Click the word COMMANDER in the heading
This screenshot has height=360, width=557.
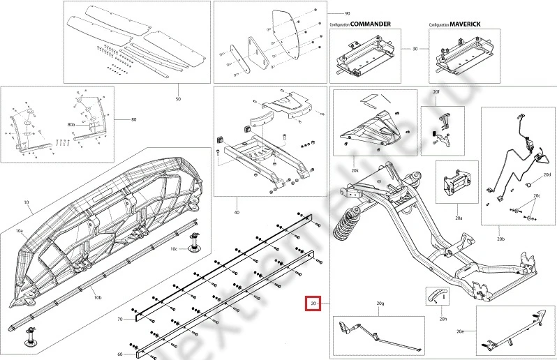click(x=370, y=24)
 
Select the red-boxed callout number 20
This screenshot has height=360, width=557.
click(x=312, y=304)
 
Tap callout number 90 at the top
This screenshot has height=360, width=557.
click(x=348, y=13)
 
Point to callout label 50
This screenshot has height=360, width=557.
click(x=178, y=100)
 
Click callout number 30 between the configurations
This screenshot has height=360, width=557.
click(x=415, y=50)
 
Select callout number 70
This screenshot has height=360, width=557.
click(x=119, y=319)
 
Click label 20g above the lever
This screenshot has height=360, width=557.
click(x=380, y=304)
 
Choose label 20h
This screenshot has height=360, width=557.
click(x=443, y=320)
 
